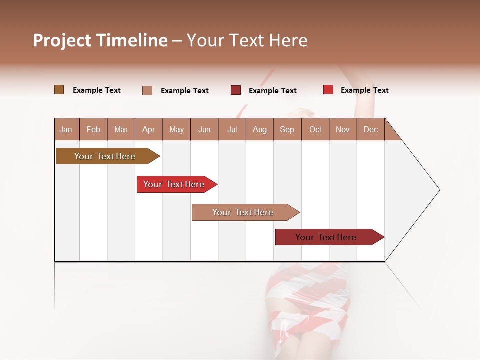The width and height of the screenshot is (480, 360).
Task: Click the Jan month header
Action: point(66,129)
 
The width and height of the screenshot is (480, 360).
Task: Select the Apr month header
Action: point(149,129)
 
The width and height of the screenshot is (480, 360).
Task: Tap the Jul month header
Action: point(232,129)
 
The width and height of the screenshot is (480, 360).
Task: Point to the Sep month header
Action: point(287,129)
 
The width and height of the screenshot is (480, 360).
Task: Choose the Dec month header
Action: point(370,129)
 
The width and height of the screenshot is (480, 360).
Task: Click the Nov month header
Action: point(343,129)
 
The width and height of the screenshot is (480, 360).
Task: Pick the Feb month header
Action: point(93,129)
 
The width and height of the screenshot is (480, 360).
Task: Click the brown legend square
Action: point(59,90)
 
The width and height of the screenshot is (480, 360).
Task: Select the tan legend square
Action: point(147,90)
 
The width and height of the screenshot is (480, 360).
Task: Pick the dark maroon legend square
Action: point(236,90)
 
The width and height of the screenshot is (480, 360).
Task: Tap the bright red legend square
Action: point(328,90)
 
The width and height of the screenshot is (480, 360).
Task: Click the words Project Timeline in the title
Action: point(100,40)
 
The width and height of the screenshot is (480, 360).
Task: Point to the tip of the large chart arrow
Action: point(439,190)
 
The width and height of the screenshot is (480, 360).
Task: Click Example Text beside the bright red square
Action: point(364,90)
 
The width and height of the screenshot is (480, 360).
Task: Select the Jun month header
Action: point(204,129)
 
